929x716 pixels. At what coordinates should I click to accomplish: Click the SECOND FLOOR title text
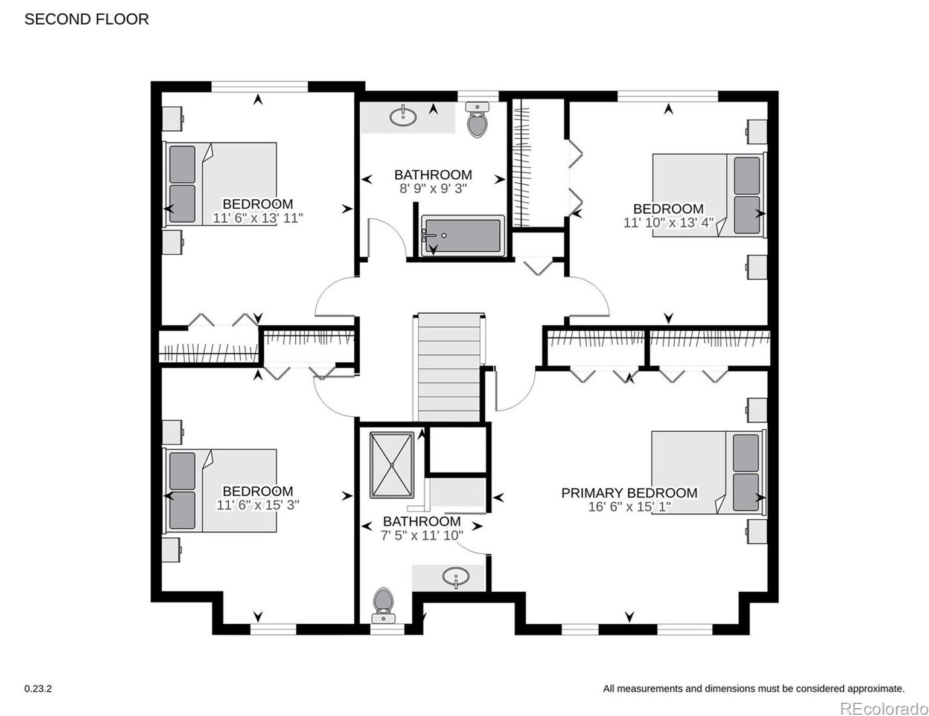coord(86,19)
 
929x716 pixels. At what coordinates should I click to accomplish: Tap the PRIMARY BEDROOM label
coord(629,493)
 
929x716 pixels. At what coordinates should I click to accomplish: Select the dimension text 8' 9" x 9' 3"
coord(433,188)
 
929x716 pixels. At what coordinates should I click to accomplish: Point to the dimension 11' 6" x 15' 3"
coord(257,505)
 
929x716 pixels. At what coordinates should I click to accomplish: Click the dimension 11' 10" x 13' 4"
coord(668,223)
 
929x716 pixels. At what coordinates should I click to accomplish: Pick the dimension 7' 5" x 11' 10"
coord(422,535)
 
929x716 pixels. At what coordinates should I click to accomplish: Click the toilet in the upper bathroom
coord(477,120)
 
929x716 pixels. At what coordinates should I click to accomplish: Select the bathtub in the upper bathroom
coord(463,236)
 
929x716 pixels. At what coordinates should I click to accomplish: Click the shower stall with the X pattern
coord(392,465)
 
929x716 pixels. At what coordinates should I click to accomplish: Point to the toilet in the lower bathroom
coord(383,606)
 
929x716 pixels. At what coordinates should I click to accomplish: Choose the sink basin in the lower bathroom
coord(456,577)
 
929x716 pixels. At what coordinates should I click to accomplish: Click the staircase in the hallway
coord(449,368)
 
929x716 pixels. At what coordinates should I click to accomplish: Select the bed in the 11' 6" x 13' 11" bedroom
coord(220,184)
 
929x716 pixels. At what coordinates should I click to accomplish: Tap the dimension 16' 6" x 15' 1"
coord(630,507)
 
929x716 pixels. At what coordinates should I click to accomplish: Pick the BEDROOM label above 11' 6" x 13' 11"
coord(258,204)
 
